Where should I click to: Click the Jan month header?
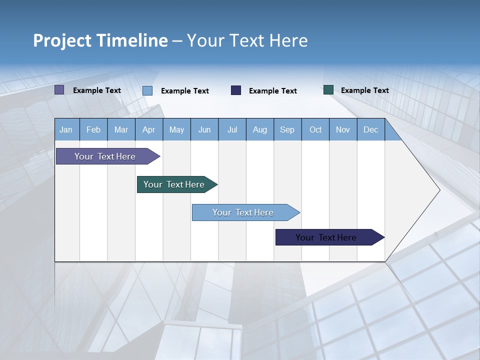pos(66,129)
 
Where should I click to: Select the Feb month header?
pos(93,129)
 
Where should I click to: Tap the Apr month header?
pos(149,129)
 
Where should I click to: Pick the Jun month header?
pos(204,129)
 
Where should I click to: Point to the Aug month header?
pos(260,129)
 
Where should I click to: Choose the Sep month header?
pos(287,129)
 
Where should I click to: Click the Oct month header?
pos(315,129)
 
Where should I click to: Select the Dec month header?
pos(371,129)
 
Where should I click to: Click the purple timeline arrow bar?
pos(105,156)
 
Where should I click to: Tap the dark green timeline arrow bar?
pos(174,184)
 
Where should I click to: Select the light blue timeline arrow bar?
pos(243,212)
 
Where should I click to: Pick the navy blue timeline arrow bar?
pos(326,237)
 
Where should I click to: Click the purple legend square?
pos(59,90)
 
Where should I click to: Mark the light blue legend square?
pos(147,90)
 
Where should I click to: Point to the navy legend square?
pos(236,90)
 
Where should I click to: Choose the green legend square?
pos(328,90)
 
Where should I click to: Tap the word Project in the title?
pos(62,40)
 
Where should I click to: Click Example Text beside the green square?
pos(365,90)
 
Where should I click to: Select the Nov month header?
pos(343,129)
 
